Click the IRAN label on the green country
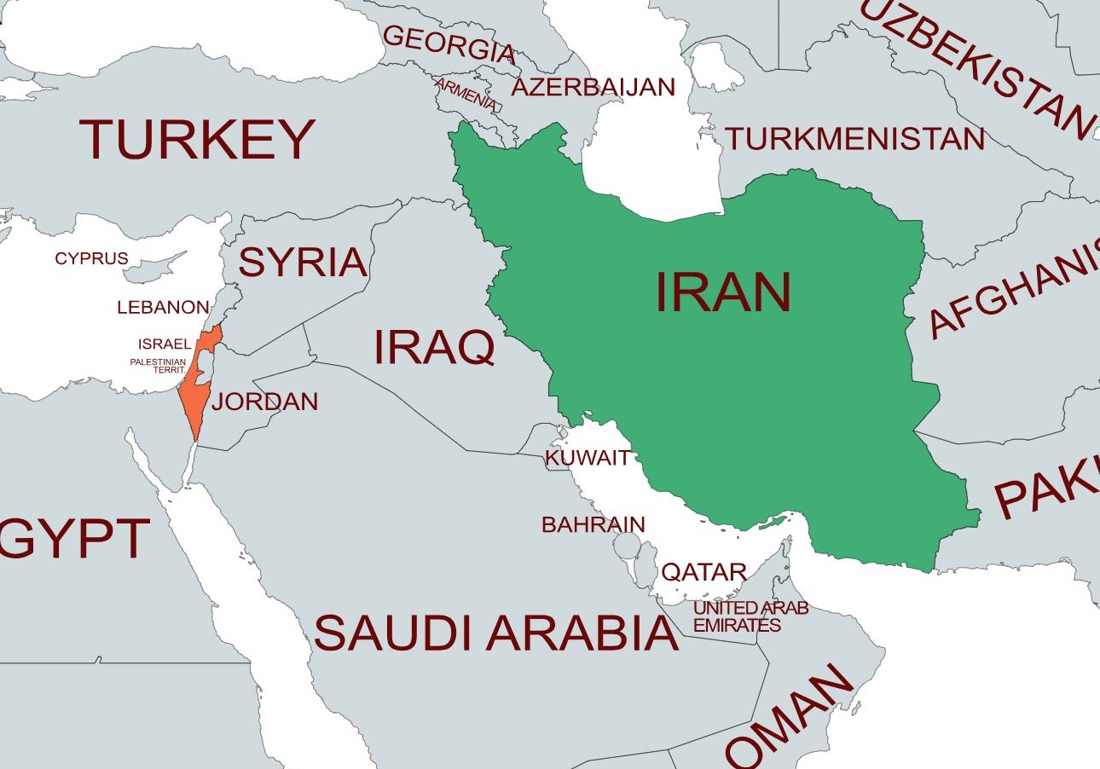pyautogui.click(x=723, y=292)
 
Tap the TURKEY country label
pyautogui.click(x=197, y=140)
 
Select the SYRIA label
pyautogui.click(x=303, y=263)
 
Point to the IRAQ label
pyautogui.click(x=434, y=347)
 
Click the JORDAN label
pyautogui.click(x=264, y=402)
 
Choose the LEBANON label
pyautogui.click(x=163, y=307)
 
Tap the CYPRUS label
pyautogui.click(x=91, y=258)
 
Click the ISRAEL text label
pyautogui.click(x=165, y=344)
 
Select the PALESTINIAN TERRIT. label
pyautogui.click(x=158, y=366)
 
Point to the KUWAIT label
pyautogui.click(x=588, y=458)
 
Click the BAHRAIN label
pyautogui.click(x=593, y=524)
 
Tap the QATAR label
pyautogui.click(x=704, y=572)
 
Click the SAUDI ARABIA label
pyautogui.click(x=496, y=633)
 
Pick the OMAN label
pyautogui.click(x=789, y=717)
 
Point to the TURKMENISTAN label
pyautogui.click(x=854, y=138)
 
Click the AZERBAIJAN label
pyautogui.click(x=593, y=87)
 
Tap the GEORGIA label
pyautogui.click(x=449, y=44)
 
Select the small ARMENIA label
pyautogui.click(x=467, y=95)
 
